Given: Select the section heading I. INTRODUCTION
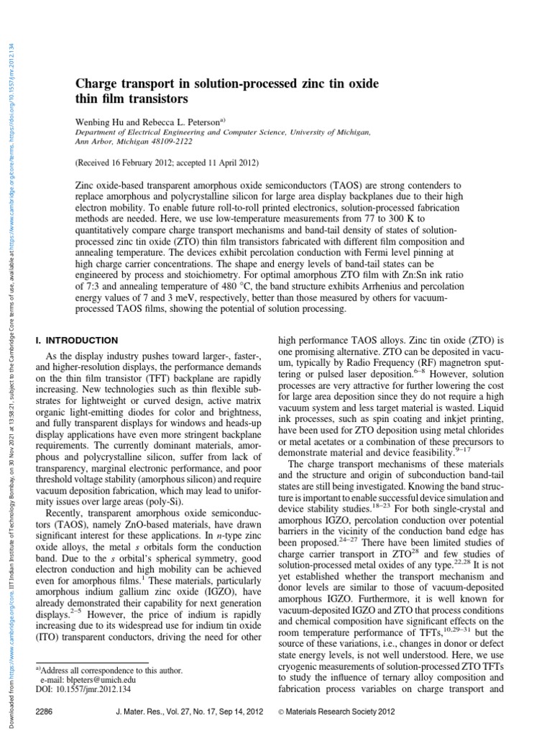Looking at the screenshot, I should (76, 339).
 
